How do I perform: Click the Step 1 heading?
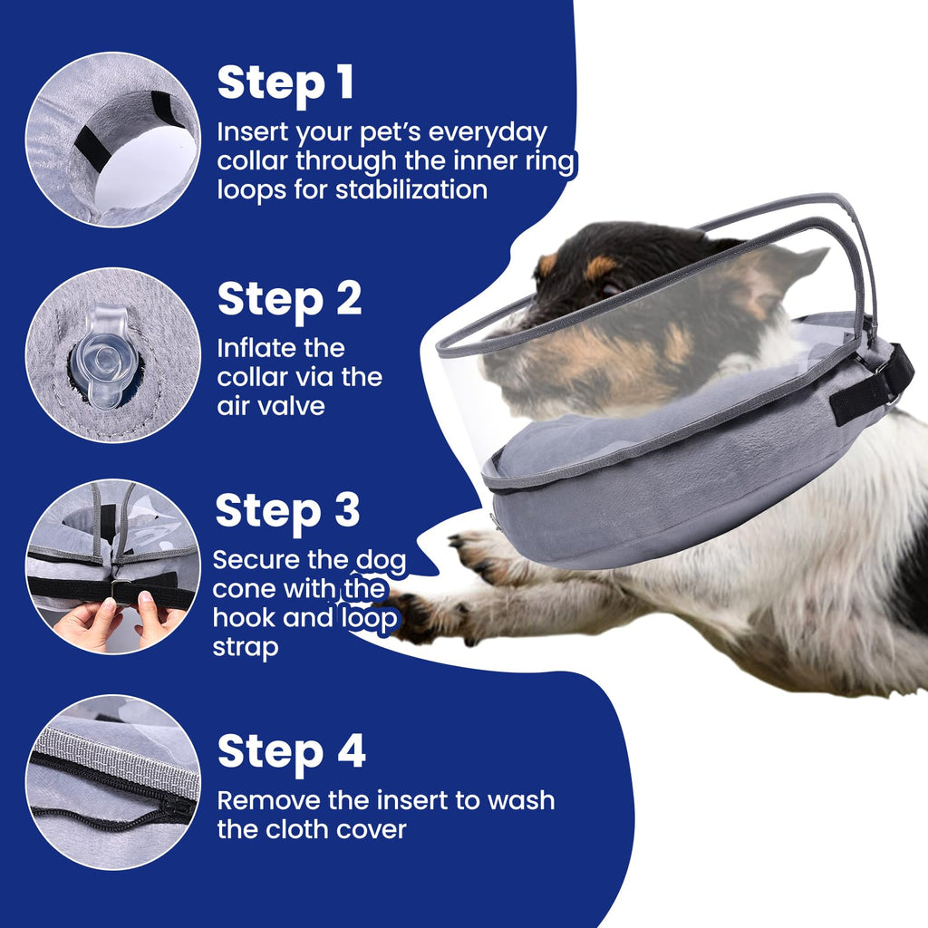coord(285,82)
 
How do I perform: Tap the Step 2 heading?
coord(289,298)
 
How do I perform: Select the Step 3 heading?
coord(287,511)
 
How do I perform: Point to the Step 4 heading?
coord(291,751)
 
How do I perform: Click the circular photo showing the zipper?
coord(112,782)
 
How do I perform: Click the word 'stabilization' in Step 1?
coord(412,189)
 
